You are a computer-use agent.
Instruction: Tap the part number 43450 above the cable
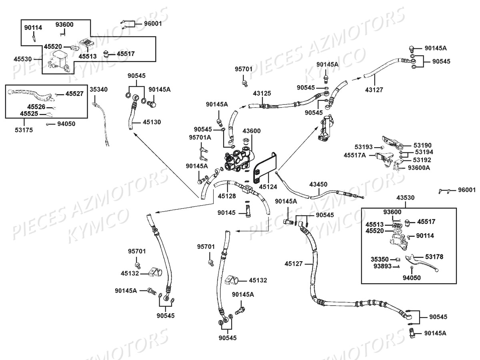(x=318, y=184)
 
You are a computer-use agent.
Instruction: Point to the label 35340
(x=98, y=89)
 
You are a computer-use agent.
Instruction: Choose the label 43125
(x=262, y=93)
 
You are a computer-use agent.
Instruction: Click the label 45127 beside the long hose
(x=294, y=264)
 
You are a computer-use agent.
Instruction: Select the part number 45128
(x=227, y=196)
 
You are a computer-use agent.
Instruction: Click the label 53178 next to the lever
(x=434, y=256)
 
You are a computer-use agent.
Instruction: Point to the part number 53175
(x=25, y=130)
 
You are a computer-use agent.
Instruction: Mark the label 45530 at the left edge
(x=22, y=58)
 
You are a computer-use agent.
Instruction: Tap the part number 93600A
(x=419, y=168)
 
